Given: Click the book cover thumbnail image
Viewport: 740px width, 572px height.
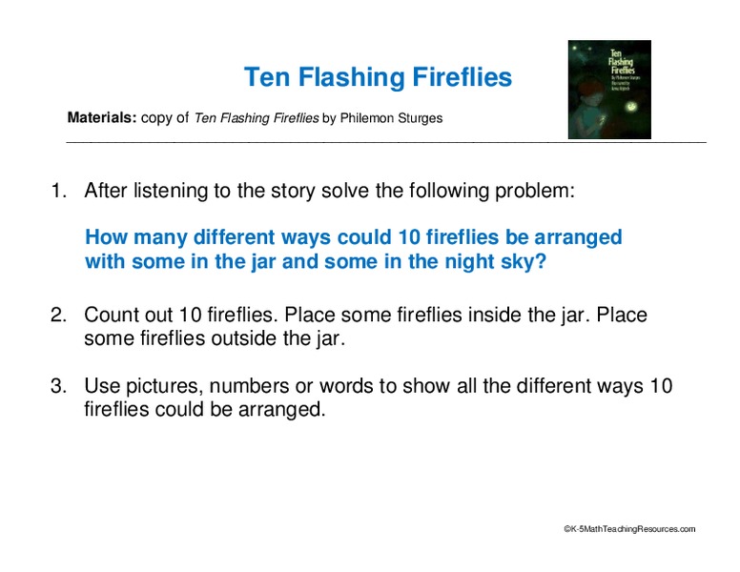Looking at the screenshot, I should pos(608,90).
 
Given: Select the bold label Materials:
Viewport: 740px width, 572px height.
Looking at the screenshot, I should pos(102,119).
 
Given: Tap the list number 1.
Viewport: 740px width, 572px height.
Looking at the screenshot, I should pos(56,191).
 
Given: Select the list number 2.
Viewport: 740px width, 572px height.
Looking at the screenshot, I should pos(56,315).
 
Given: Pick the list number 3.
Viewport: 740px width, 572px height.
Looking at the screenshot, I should pos(56,386).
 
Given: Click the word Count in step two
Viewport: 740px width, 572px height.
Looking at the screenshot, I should pos(110,315).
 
